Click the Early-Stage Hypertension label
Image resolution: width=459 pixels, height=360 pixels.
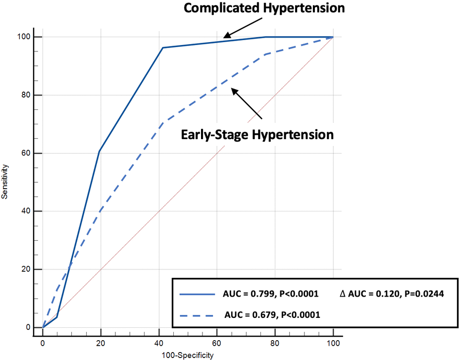(256, 135)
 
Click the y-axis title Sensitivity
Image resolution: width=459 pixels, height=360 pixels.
(4, 182)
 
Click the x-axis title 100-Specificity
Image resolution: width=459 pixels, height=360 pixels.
(187, 355)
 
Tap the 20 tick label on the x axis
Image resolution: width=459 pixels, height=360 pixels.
(101, 342)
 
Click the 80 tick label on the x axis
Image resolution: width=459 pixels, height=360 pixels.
(275, 342)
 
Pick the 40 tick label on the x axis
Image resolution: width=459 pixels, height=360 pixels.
(159, 342)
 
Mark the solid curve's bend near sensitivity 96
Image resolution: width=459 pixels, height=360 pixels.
(162, 48)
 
